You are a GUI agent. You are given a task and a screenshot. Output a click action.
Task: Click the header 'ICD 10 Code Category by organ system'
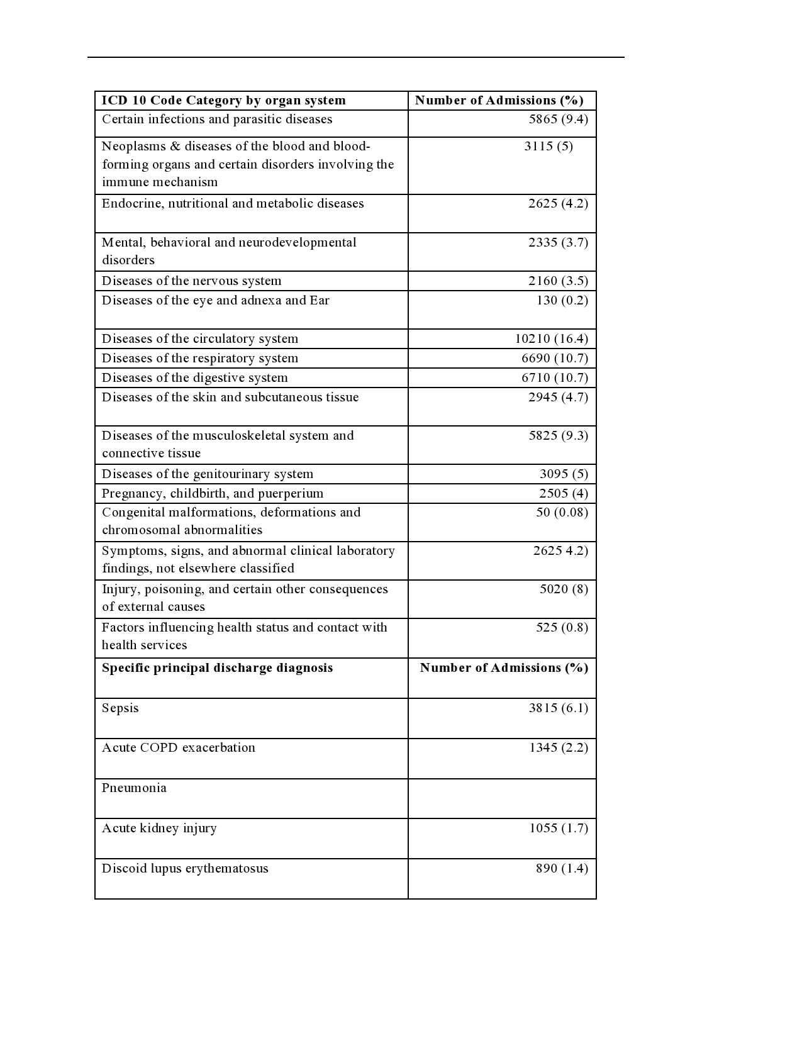223,101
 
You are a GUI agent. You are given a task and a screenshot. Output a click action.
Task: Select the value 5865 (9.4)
558,120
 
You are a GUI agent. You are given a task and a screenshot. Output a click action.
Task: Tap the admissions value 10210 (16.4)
551,339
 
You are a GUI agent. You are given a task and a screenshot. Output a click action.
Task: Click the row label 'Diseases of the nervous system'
191,281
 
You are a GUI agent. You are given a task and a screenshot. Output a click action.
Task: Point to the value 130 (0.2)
562,301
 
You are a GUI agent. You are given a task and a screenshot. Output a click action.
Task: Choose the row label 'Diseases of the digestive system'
194,378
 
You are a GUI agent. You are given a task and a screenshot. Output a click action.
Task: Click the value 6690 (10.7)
554,359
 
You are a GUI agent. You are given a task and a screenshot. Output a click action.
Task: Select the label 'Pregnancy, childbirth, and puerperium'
213,494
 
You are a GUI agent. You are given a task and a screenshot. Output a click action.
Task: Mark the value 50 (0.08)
562,513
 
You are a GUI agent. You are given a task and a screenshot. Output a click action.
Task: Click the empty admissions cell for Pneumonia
502,799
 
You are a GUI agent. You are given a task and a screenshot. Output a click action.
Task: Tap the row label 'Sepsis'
120,708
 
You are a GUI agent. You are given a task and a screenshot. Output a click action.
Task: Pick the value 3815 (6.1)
558,708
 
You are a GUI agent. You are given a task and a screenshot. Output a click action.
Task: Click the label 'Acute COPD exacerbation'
179,748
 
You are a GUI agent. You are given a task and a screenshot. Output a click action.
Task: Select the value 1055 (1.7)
558,829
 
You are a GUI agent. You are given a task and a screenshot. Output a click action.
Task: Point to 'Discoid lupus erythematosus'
185,869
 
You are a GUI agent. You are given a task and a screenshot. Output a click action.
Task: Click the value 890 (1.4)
562,869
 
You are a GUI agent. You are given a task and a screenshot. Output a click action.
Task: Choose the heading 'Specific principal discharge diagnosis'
217,668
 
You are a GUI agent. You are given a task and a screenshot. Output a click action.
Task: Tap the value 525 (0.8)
562,628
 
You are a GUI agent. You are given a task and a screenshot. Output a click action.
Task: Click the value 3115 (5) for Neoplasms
548,147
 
